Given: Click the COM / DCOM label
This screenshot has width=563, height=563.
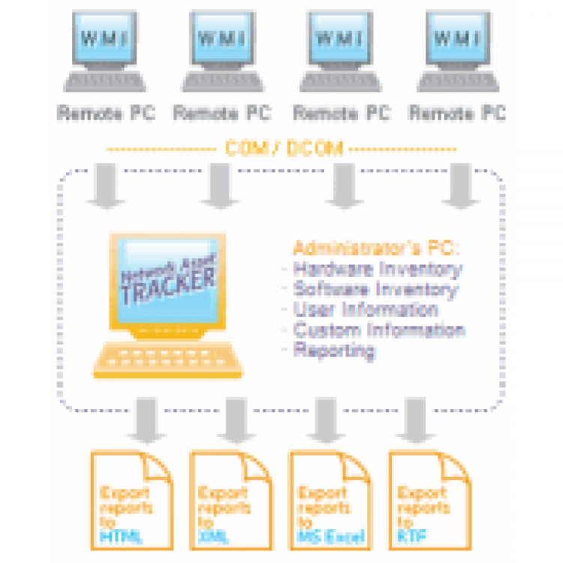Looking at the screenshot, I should pos(284,149).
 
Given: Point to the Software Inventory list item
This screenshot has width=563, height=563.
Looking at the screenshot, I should pos(375,289).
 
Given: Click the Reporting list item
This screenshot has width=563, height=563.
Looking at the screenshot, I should pos(333,350).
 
